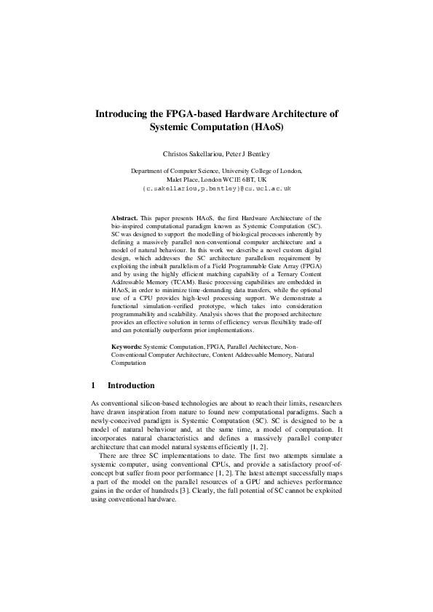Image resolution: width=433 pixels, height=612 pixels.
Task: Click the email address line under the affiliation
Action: pos(217,188)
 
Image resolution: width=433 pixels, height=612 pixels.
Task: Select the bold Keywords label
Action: pos(127,347)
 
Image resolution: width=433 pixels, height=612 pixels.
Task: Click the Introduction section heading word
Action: pos(131,385)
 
